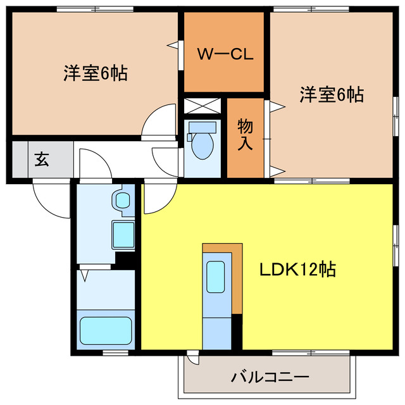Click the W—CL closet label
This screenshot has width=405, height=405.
[x=225, y=54]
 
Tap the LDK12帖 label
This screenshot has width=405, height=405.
[x=298, y=270]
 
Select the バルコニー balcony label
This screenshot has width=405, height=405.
[x=270, y=378]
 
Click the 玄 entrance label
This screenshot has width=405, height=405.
[x=41, y=159]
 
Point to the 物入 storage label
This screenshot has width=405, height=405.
[x=245, y=134]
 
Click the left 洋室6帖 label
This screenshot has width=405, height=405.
[x=95, y=73]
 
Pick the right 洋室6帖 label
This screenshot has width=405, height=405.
[x=332, y=95]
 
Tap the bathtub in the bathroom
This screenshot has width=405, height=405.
[x=106, y=329]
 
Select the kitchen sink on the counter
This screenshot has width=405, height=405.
[x=216, y=276]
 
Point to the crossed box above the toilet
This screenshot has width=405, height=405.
[x=202, y=105]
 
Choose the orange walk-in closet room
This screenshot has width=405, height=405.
[x=223, y=54]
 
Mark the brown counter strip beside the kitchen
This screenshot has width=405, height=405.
[x=237, y=278]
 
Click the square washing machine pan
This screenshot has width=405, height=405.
[x=123, y=235]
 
